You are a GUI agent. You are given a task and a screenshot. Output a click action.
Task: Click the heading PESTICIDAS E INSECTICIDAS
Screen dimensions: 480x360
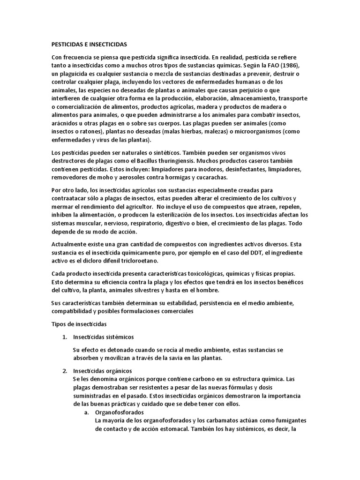[89, 45]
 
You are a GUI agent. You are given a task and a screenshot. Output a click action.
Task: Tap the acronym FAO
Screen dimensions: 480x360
[271, 65]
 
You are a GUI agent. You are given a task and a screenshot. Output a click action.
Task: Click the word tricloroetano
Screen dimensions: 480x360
[139, 261]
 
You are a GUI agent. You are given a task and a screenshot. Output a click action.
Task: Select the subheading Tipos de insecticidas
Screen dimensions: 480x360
[79, 324]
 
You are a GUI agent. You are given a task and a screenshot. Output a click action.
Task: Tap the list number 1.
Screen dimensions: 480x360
[65, 337]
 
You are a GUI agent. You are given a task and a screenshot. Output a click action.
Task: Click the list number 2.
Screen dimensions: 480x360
[65, 371]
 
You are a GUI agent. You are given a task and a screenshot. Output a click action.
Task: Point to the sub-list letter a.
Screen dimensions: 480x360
[86, 412]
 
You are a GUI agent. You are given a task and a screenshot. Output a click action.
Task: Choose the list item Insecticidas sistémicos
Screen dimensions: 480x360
[104, 337]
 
